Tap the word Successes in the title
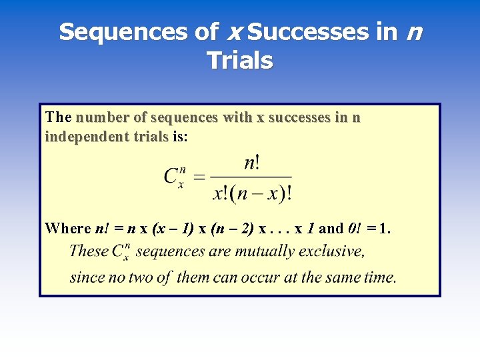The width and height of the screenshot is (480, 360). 308,32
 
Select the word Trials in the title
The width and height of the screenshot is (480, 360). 240,61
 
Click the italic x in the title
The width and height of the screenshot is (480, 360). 235,32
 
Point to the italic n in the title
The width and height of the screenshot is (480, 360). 413,32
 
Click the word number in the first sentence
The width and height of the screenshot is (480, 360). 103,118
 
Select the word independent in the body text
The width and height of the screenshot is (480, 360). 78,137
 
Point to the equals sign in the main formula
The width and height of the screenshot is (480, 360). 199,177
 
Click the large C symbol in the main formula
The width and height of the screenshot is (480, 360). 171,177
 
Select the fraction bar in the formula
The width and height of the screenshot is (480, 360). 253,177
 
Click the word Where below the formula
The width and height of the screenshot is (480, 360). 67,229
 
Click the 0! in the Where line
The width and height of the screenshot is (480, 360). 355,229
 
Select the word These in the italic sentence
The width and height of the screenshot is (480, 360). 89,252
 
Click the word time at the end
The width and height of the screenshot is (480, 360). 378,277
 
